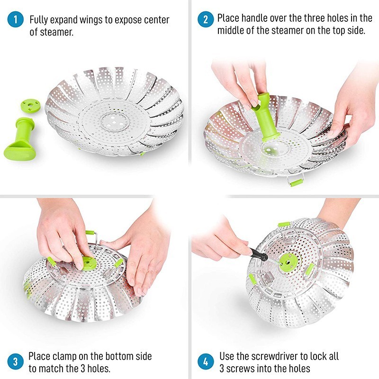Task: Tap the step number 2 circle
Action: pos(205,19)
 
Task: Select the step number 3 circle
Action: pos(15,362)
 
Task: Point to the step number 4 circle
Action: pos(205,362)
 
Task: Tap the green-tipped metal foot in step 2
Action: pos(295,181)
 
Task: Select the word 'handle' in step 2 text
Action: pos(253,18)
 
